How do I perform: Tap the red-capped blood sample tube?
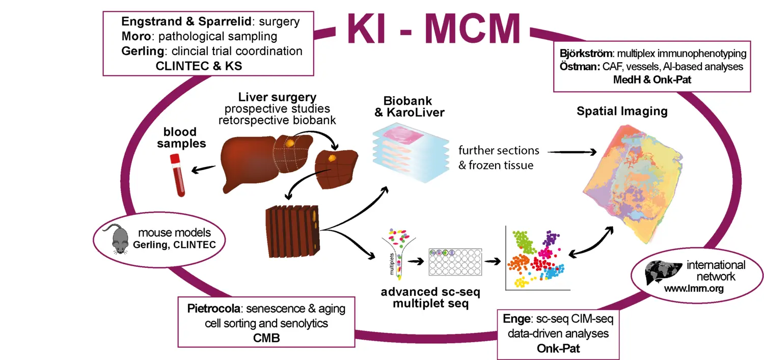coord(177,175)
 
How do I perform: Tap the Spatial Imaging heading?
coord(622,111)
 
